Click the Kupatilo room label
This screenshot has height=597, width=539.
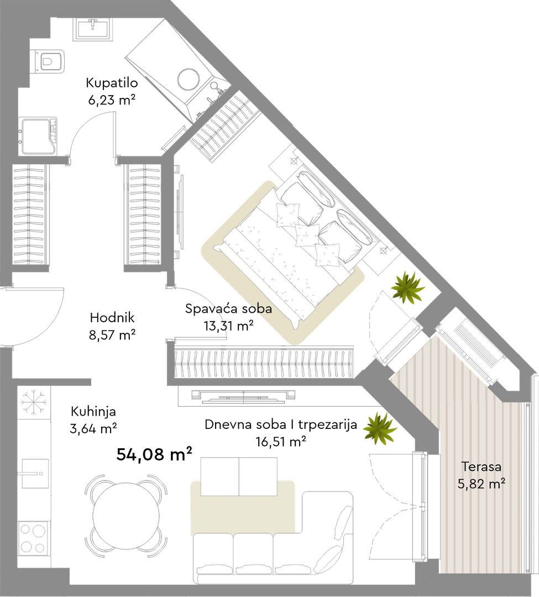coord(112,82)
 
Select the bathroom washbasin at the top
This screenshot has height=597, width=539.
coord(93,29)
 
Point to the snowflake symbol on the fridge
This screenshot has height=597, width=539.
coord(34,402)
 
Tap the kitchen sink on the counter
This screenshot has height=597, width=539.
coord(35,473)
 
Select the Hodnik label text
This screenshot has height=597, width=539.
coord(112,317)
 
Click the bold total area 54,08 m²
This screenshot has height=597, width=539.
coord(154,454)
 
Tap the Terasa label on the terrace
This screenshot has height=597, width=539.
coord(481,467)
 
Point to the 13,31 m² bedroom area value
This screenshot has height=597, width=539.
coord(229,326)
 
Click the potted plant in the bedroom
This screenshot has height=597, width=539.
coord(407,287)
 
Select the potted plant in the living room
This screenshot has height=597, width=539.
coord(379,428)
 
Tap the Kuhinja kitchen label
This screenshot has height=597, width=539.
coord(93,411)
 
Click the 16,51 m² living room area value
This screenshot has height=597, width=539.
coord(281,442)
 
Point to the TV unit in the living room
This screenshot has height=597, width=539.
coord(243,396)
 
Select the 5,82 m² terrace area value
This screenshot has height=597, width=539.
coord(481,484)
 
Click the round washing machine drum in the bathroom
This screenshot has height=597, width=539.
coord(189,79)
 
